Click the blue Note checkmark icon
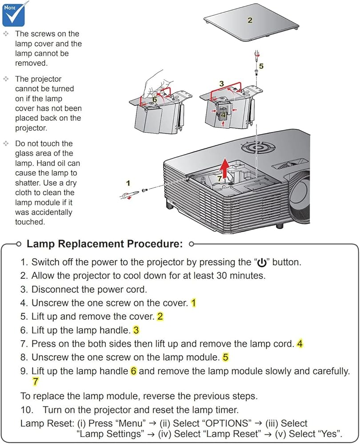14,13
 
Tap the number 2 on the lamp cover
250,20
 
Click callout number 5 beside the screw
261,66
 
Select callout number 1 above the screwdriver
128,182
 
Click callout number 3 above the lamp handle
221,83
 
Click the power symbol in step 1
262,263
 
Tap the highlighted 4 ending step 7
300,344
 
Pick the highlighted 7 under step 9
36,381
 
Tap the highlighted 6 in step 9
133,371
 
